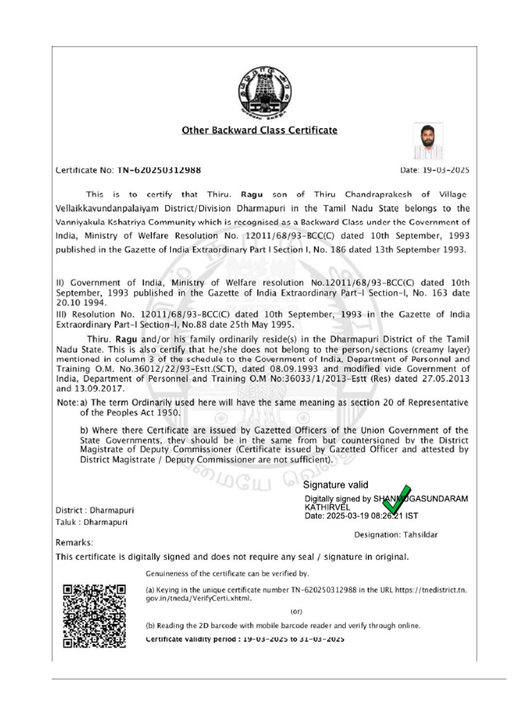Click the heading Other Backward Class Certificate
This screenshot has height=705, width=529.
pyautogui.click(x=259, y=129)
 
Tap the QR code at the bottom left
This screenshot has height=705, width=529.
pyautogui.click(x=94, y=615)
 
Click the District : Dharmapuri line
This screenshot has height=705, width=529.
pyautogui.click(x=94, y=511)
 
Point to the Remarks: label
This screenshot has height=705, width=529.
pyautogui.click(x=74, y=543)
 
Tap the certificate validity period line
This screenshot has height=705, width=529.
pyautogui.click(x=245, y=640)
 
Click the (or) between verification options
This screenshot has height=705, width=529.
pyautogui.click(x=295, y=611)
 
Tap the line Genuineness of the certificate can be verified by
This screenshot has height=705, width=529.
pyautogui.click(x=228, y=574)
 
